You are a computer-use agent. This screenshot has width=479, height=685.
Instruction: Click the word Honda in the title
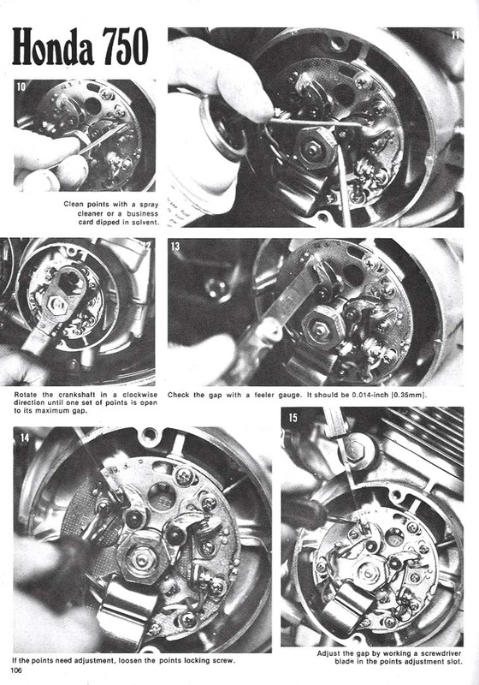53,47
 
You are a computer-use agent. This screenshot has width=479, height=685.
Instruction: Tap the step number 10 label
21,86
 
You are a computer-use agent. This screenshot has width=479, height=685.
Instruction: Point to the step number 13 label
175,247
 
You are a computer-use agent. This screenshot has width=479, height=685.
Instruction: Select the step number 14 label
24,437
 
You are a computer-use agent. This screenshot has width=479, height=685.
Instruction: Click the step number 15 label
293,418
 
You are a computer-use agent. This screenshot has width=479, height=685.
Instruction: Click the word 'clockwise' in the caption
139,395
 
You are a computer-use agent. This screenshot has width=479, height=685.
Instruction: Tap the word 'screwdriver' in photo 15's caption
441,653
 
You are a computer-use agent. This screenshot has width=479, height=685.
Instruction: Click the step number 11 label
455,34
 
